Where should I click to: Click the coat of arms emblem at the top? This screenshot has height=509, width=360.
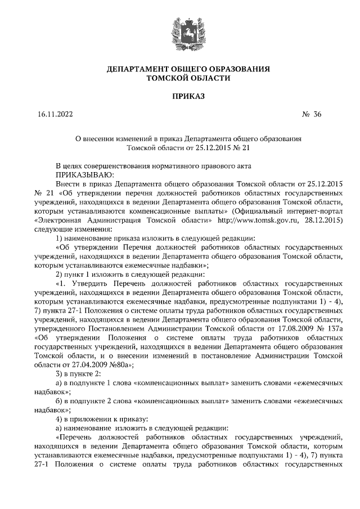coord(180,33)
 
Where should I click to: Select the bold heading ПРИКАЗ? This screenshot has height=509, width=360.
coord(180,96)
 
